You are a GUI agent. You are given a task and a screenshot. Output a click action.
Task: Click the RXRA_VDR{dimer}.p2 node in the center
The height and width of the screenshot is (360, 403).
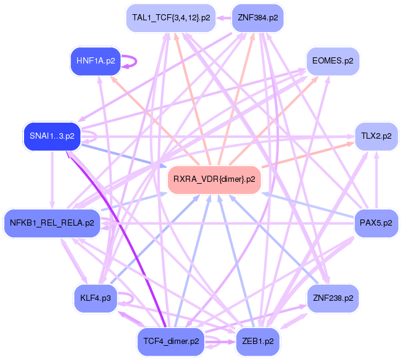point(214,179)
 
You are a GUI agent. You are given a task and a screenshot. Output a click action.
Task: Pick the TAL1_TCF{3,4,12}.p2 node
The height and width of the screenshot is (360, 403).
point(171,18)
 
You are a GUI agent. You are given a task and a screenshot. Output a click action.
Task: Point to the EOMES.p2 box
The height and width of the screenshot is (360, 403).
point(333,61)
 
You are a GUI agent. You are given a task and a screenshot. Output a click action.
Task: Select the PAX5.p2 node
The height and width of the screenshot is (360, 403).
point(375,222)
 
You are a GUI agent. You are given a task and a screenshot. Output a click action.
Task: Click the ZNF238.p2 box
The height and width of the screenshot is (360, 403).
point(333,298)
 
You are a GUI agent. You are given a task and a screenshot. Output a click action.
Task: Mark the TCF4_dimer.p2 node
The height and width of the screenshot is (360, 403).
point(170,340)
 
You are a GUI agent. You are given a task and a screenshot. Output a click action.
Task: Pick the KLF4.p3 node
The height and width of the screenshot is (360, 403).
point(95,298)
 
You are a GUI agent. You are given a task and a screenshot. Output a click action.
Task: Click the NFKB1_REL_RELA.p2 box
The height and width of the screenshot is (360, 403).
point(52,223)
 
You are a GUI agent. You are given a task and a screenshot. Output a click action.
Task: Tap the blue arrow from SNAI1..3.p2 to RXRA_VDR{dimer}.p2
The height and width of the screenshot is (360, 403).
point(123,155)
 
